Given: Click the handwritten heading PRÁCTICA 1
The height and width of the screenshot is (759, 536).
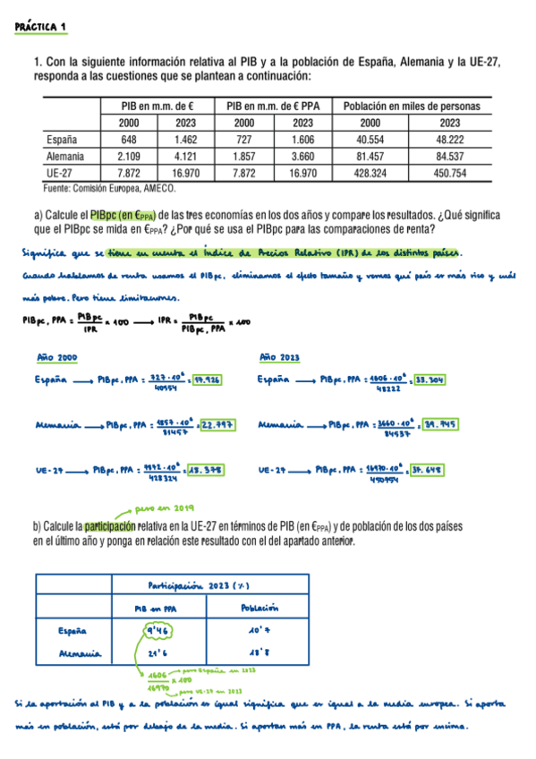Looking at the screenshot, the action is click(41, 28).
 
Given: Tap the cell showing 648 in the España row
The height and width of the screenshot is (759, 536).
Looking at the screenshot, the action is click(128, 140).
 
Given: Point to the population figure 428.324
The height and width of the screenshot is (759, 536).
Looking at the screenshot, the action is click(370, 173).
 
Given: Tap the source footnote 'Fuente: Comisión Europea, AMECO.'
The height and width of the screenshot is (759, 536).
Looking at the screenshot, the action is click(109, 189).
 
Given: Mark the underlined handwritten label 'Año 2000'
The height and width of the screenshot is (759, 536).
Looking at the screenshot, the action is click(55, 356).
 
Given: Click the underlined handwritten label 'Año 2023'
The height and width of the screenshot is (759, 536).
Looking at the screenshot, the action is click(278, 356).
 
